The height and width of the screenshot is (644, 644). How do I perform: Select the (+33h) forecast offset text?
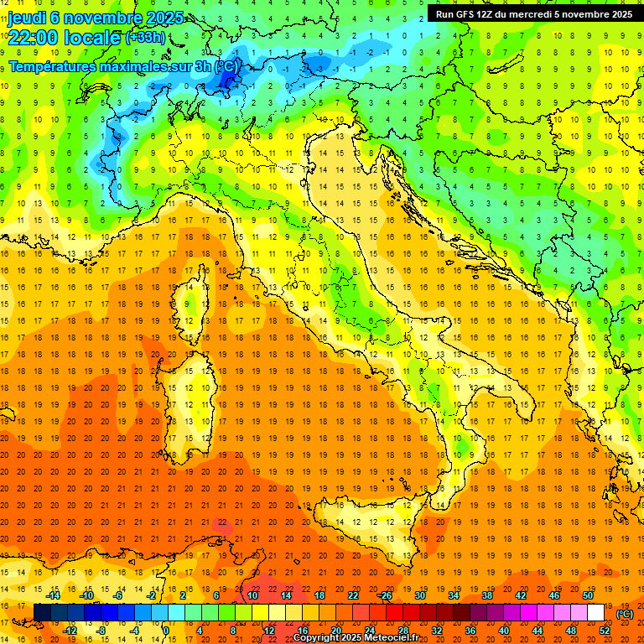[x=146, y=38]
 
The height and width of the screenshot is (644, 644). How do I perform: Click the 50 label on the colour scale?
[x=588, y=595]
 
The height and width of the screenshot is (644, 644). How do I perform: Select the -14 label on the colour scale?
[x=53, y=595]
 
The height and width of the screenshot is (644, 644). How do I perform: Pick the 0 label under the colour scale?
[x=166, y=631]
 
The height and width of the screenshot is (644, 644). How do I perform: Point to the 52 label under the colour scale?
[x=605, y=631]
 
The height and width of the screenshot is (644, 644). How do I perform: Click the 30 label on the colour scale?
[x=419, y=595]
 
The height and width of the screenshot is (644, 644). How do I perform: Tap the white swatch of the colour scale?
[x=595, y=613]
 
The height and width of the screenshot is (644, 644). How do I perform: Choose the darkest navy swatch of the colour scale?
[x=42, y=613]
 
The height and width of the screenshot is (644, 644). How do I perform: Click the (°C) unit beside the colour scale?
[x=625, y=614]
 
